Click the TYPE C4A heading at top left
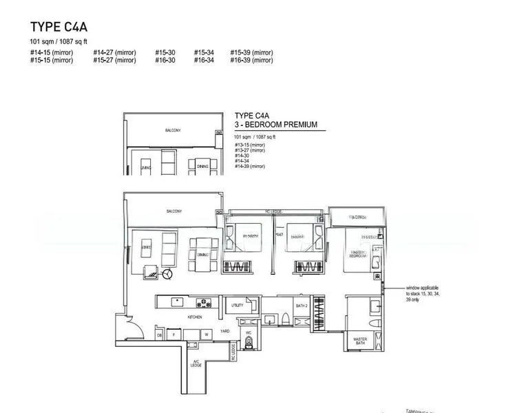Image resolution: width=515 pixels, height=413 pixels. coord(59,28)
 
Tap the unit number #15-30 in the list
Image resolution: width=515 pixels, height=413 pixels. coord(164,52)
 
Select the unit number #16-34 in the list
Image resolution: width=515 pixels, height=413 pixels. coord(204,61)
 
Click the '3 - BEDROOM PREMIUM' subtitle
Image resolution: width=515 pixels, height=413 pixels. coord(275,125)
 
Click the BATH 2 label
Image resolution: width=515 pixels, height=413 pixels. coord(300,304)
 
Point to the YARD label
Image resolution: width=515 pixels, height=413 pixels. coord(224,331)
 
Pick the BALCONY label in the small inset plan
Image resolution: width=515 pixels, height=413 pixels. coord(173,130)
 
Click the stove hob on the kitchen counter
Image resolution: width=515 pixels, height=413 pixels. coord(204,301)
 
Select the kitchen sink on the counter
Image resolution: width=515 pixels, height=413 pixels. coord(176,300)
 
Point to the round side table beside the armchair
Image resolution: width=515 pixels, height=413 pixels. coord(167,273)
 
